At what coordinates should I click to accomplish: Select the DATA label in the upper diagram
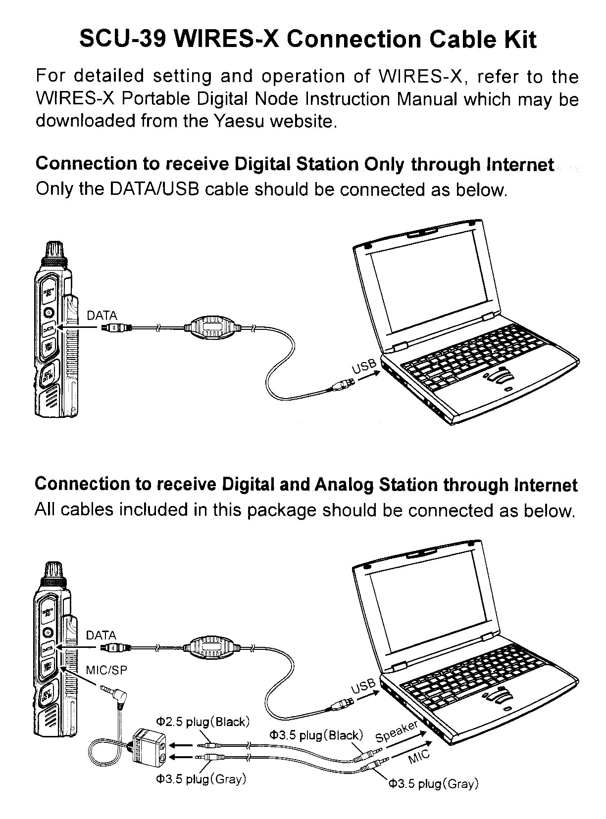[x=101, y=316]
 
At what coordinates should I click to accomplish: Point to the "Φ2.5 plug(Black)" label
[x=203, y=722]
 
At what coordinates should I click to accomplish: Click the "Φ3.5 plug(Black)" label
[x=316, y=735]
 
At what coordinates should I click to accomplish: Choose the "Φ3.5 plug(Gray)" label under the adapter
[x=201, y=779]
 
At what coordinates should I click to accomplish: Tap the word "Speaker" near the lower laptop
[x=397, y=731]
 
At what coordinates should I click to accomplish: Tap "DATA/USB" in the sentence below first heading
[x=154, y=189]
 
